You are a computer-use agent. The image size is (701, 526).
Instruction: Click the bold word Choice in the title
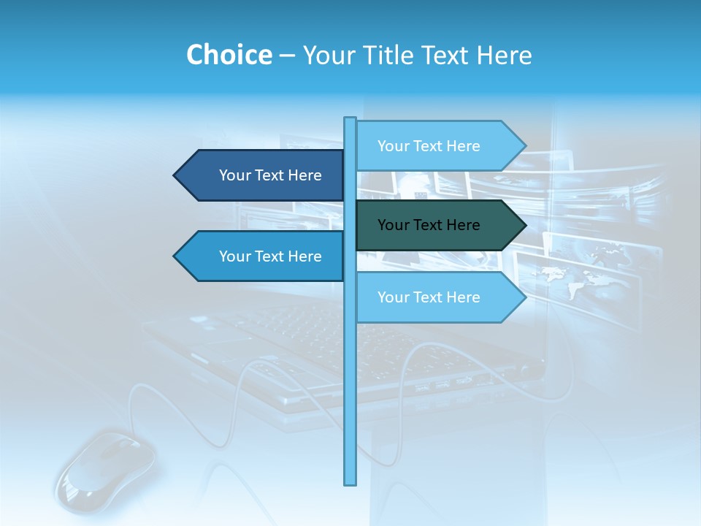click(229, 55)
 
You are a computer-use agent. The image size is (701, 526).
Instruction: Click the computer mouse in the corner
click(106, 468)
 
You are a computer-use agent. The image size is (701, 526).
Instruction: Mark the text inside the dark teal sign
click(429, 225)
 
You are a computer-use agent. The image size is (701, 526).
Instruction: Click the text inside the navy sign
click(270, 175)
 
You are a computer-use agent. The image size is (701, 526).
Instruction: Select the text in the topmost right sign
click(429, 146)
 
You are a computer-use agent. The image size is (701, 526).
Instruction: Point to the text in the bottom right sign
click(429, 297)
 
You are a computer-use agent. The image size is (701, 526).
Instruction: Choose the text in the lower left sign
click(270, 256)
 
